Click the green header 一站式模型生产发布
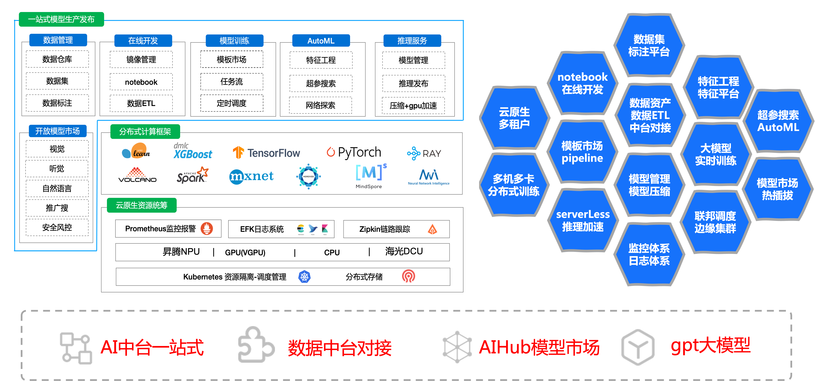point(61,19)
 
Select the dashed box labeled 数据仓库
point(57,59)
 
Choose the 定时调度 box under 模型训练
point(232,103)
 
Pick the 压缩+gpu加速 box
point(413,105)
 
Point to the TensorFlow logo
point(266,153)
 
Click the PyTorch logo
point(354,152)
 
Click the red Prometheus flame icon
point(207,228)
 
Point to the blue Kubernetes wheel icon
point(304,277)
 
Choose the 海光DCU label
point(404,251)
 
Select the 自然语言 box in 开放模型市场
point(57,189)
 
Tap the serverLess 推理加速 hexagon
point(583,221)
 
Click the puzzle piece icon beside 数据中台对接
point(256,345)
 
